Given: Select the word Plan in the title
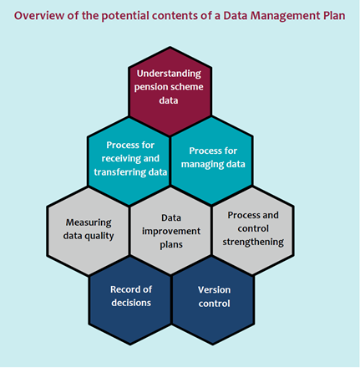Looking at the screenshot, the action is click(x=334, y=16).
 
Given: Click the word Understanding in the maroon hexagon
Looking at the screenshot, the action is click(x=169, y=74).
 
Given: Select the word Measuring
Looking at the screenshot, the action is click(x=89, y=222).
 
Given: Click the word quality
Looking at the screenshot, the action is click(x=99, y=237).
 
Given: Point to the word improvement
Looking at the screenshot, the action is click(x=171, y=232).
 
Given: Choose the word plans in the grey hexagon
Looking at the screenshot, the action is click(x=171, y=245).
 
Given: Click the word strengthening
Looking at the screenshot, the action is click(x=253, y=243).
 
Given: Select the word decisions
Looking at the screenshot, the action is click(x=131, y=303).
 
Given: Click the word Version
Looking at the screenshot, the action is click(x=214, y=290).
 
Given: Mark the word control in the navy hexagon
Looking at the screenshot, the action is click(x=214, y=304).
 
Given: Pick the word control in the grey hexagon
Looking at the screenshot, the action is click(x=253, y=228).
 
